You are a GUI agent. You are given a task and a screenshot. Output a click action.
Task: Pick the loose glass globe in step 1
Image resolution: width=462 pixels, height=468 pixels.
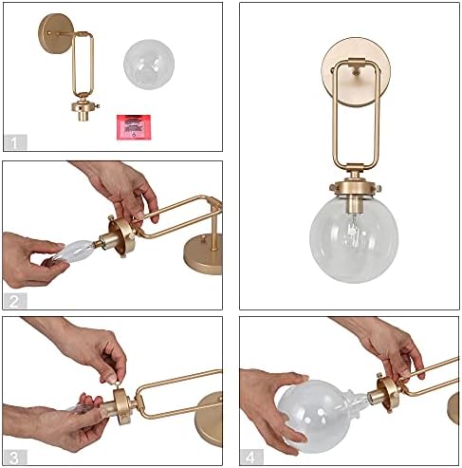pos(149,62)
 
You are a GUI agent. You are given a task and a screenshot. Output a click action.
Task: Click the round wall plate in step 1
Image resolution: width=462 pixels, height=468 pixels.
pos(54,29)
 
